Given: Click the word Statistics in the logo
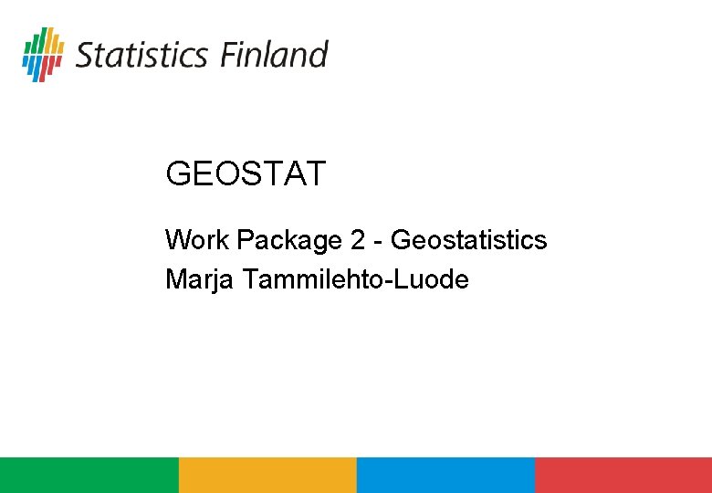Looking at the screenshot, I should (141, 55).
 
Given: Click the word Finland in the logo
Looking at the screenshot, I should (273, 55).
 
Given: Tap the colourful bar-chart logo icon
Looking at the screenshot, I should (43, 54).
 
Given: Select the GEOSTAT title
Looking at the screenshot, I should (246, 173).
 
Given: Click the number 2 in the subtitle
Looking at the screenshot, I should (358, 240).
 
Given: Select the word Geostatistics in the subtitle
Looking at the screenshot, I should (468, 240).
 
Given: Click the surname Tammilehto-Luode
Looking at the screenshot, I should (356, 279).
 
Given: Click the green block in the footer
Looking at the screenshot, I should (89, 475).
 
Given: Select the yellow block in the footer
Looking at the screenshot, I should (267, 475).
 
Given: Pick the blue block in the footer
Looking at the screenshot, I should (445, 475).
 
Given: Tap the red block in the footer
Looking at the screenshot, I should (623, 475).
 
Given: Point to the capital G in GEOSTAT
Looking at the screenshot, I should (177, 173).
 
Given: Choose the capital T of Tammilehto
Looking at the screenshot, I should (251, 279).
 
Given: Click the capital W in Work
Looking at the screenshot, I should (177, 240).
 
